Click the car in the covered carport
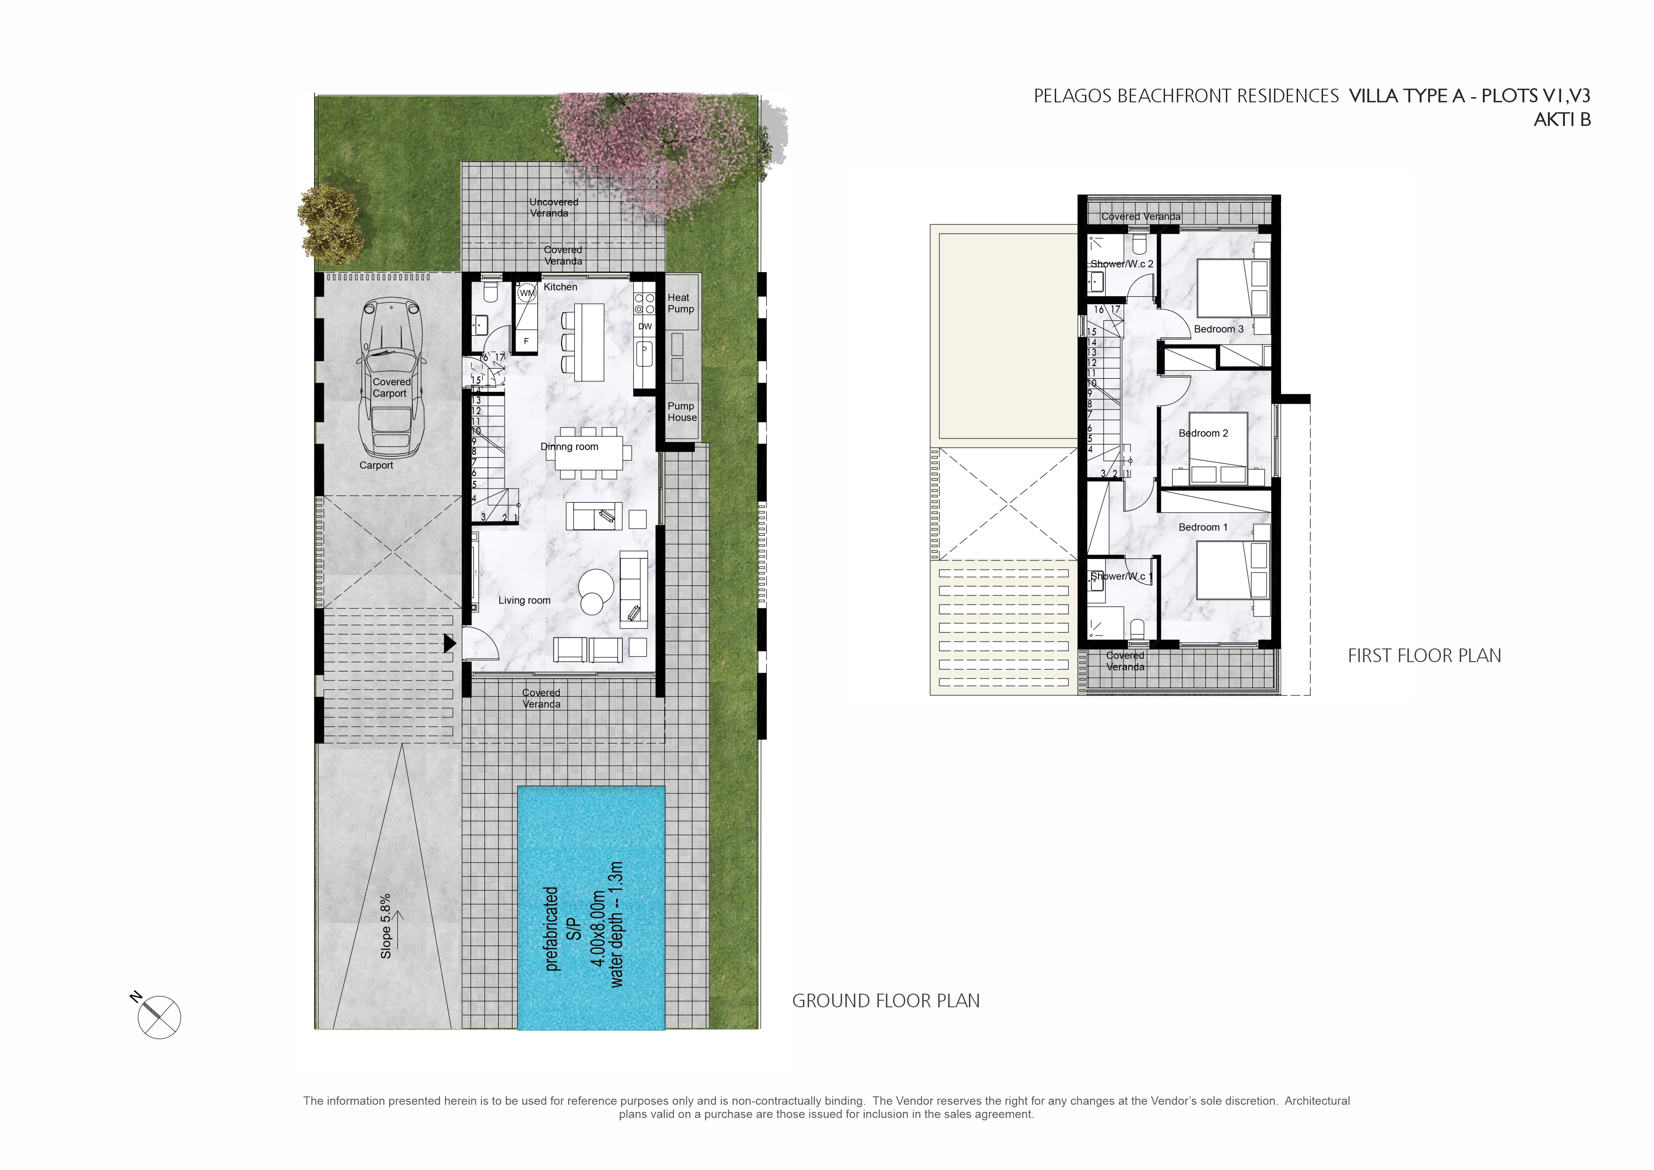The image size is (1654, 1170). coord(391,378)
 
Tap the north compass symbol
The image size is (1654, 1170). coord(158,1017)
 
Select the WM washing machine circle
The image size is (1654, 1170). coord(527,293)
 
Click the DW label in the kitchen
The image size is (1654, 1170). coord(645,326)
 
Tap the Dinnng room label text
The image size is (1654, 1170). coord(569,447)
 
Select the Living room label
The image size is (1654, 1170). coord(524,600)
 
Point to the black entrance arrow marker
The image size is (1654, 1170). coord(449,643)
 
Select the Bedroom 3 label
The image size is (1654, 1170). coord(1218,329)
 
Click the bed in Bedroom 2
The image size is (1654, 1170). coord(1217,443)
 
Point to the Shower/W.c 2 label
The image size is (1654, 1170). coord(1121,264)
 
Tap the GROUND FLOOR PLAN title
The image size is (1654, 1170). coord(885,1001)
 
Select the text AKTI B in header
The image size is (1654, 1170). coord(1562,120)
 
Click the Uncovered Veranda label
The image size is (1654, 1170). coord(553,207)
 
